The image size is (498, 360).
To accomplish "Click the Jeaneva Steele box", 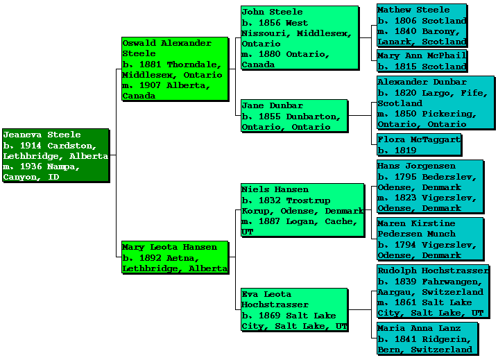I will point(55,155).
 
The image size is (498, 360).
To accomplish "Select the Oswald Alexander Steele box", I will point(175,69).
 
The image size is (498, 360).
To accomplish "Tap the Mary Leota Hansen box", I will point(175,257).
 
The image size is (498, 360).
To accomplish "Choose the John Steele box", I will point(300,37).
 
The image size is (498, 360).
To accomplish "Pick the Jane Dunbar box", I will point(294,116).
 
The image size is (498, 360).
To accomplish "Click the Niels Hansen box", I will point(302,210).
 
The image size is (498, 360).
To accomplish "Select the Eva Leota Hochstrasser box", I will point(294,310).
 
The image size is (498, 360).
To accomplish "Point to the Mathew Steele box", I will point(422,26).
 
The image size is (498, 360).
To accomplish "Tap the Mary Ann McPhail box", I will point(422,61).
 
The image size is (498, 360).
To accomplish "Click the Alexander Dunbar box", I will point(436,103).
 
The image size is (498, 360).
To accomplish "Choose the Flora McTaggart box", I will point(419,144).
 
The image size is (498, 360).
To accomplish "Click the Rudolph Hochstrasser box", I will point(433,292).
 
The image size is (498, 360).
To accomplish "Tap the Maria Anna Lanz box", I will point(427,338).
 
